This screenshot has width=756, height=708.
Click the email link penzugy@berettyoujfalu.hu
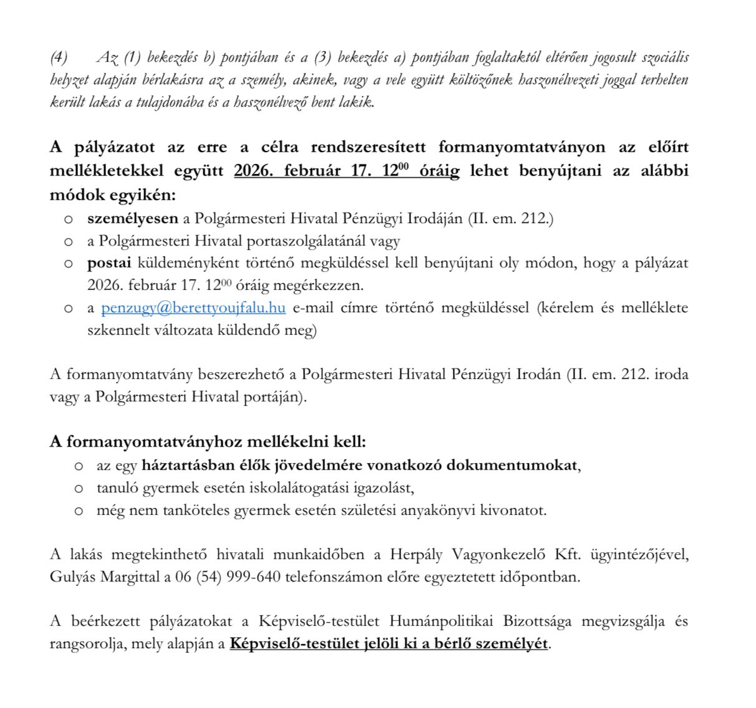193,307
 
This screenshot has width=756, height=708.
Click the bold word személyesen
133,218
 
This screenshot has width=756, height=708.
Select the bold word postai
109,262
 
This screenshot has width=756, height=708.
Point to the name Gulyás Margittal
105,576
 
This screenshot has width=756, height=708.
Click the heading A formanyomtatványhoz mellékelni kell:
208,442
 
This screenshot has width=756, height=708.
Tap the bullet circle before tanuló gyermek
78,488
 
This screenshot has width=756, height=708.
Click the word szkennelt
116,330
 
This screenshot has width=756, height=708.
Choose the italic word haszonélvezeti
558,80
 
